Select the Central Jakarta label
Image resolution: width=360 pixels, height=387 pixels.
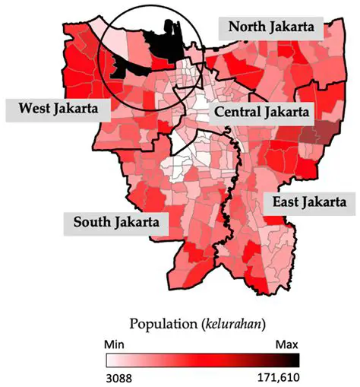click(261, 113)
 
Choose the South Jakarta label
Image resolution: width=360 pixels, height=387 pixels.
click(116, 222)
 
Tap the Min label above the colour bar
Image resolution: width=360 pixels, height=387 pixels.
click(116, 344)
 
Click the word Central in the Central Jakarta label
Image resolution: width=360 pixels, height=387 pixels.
click(239, 113)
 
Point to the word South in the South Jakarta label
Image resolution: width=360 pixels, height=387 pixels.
click(93, 222)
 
